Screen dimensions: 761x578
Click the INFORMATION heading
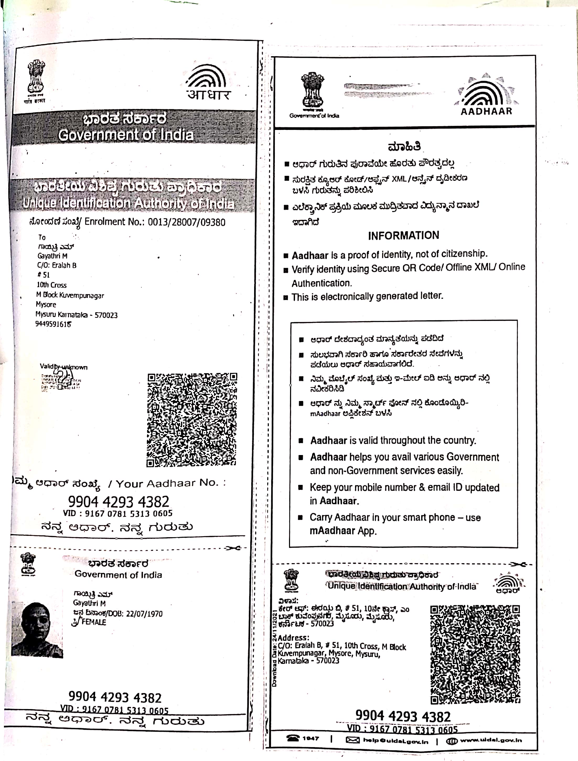pos(403,235)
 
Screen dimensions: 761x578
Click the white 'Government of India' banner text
pos(126,135)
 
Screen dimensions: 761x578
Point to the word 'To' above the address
pos(42,237)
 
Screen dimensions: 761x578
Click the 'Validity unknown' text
pos(64,367)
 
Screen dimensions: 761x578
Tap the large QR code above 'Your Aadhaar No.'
pos(192,420)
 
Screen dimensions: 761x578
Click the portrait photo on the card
pos(37,630)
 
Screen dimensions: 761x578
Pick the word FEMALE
pos(94,622)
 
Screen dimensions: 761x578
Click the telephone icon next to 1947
pos(292,738)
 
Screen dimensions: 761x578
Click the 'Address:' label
pos(293,637)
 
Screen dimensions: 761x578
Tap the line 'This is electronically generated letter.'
pos(367,296)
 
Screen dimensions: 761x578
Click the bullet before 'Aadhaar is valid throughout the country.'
pos(301,441)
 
